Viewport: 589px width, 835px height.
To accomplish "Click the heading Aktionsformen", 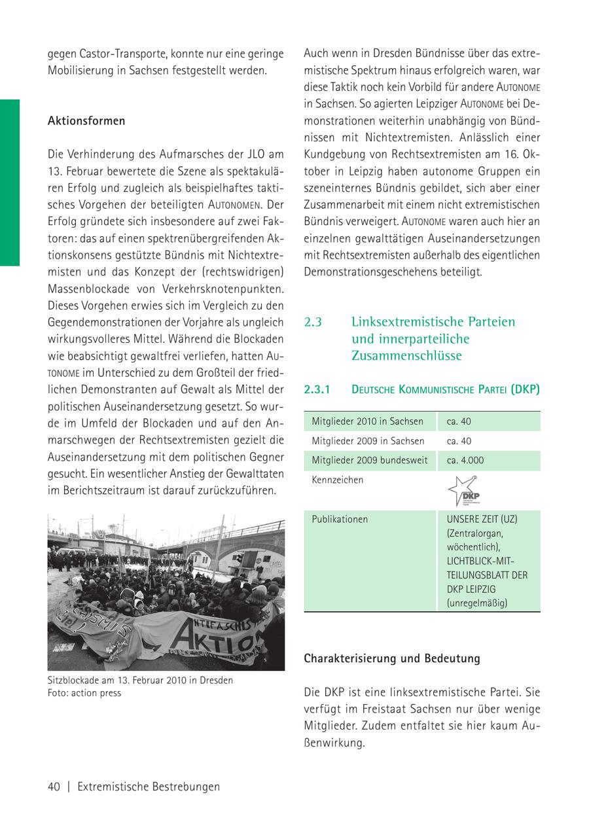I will tap(86, 122).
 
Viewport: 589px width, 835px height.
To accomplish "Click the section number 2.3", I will tap(313, 322).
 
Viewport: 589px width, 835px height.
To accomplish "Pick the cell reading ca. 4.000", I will tap(465, 461).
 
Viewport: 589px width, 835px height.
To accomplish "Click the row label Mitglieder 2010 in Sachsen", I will tap(367, 421).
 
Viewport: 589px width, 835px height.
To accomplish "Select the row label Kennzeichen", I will tap(337, 480).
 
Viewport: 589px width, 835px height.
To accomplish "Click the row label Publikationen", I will tap(340, 520).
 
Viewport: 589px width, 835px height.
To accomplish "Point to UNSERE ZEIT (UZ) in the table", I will tap(482, 520).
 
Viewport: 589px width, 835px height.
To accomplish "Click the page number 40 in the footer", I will tap(54, 787).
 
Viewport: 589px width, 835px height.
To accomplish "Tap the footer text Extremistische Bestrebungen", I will tap(149, 787).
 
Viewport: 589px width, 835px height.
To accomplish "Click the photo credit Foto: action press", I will tap(84, 692).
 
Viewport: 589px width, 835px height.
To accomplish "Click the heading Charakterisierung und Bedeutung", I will tap(391, 659).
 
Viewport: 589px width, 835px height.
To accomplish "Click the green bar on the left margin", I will tap(10, 183).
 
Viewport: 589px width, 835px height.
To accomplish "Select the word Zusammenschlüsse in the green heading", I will tap(406, 356).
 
